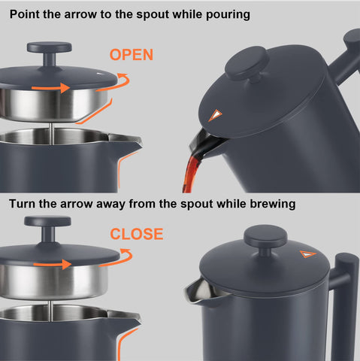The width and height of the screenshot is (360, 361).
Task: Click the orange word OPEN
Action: pyautogui.click(x=131, y=54)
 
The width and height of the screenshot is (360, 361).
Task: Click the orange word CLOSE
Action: pyautogui.click(x=136, y=234)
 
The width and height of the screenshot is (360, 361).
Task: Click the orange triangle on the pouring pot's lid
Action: pyautogui.click(x=216, y=115)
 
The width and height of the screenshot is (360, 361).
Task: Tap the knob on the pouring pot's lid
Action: pyautogui.click(x=247, y=62)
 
